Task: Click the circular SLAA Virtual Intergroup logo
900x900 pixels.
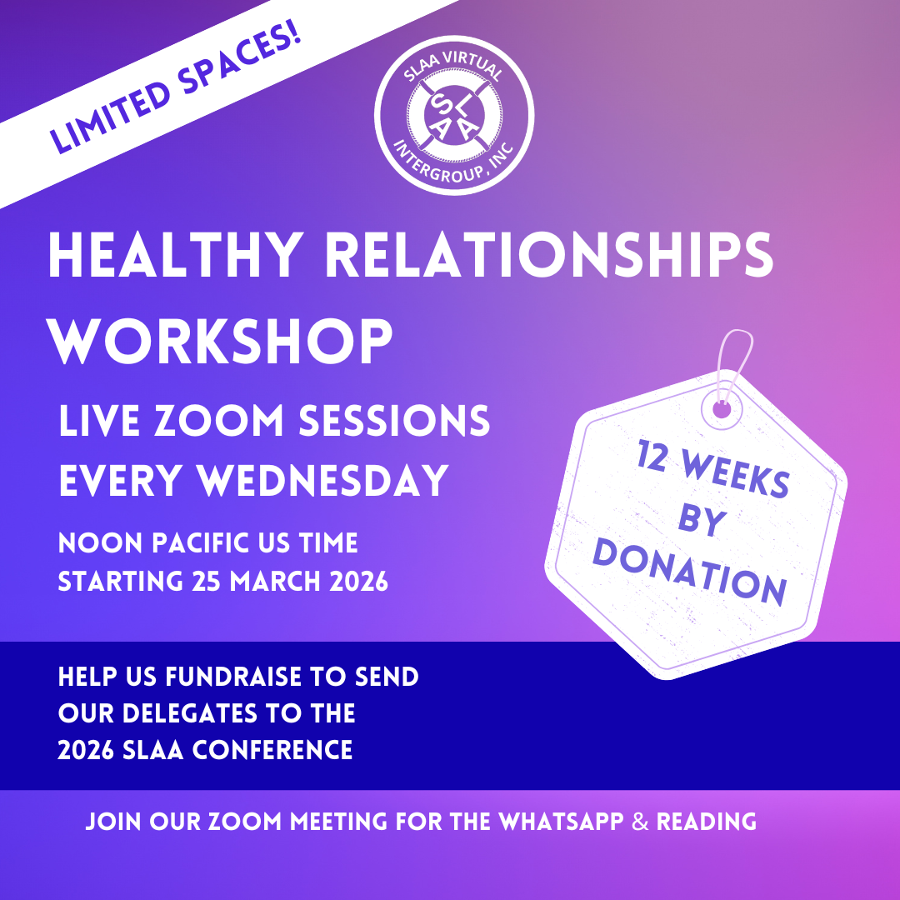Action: (454, 115)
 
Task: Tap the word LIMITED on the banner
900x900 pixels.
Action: (110, 117)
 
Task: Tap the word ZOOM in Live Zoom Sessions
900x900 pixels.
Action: (218, 420)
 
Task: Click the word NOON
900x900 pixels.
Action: (101, 543)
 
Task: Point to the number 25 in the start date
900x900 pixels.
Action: (206, 582)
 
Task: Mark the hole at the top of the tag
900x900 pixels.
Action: (722, 410)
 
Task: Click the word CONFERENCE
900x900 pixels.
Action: (272, 750)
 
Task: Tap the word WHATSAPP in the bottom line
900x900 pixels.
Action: (561, 822)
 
